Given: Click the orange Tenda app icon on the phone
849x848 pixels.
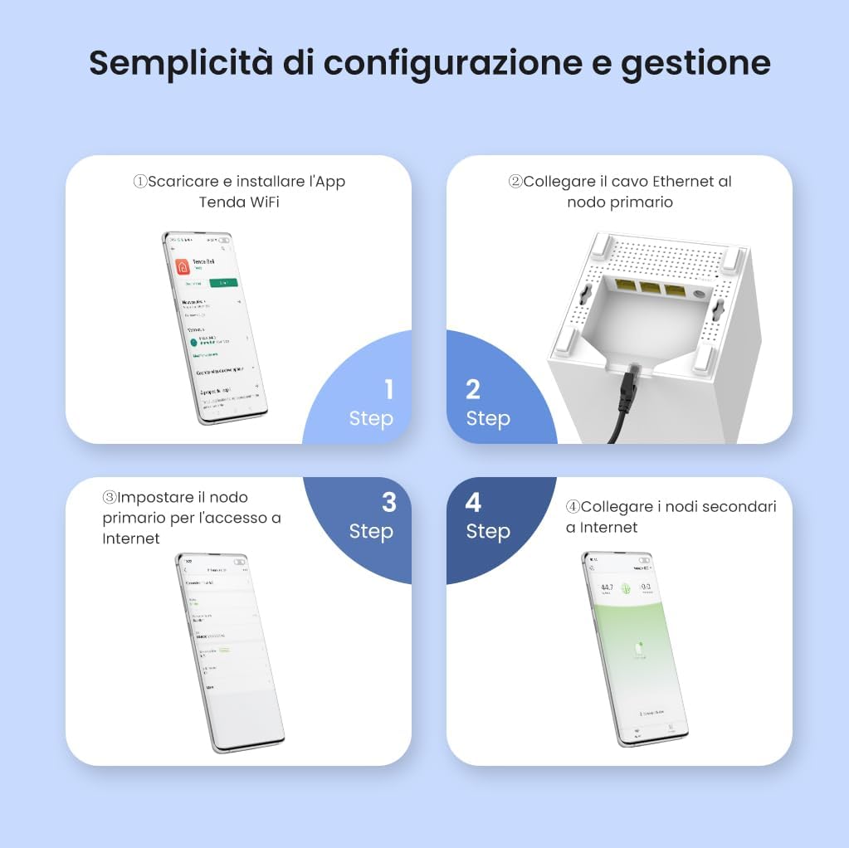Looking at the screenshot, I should [182, 267].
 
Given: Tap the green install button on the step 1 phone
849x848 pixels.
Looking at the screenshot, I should [222, 283].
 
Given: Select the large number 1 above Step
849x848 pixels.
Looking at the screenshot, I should [388, 389].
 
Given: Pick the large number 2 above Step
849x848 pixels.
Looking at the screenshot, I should [473, 389].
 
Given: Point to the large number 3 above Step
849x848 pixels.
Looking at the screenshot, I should [388, 503].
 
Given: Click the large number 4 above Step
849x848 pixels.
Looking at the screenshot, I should [473, 503].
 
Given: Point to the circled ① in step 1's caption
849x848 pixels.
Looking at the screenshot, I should [140, 181].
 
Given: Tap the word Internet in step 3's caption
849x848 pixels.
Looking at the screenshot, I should [131, 538].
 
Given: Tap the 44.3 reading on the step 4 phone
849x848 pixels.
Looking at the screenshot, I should [607, 588].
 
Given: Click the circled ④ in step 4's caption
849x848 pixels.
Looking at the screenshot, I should [573, 506].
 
